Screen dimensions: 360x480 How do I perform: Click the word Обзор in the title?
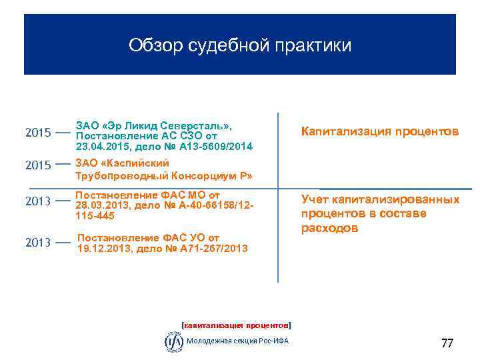coord(151,45)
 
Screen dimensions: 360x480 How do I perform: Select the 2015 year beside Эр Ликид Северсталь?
coord(38,133)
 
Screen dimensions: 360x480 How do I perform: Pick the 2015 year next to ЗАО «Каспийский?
coord(38,164)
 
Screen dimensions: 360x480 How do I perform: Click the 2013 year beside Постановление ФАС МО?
coord(38,201)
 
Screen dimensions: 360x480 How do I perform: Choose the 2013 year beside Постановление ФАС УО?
coord(38,243)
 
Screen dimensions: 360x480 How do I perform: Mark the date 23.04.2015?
coord(101,146)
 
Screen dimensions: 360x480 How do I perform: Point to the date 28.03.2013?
coord(101,205)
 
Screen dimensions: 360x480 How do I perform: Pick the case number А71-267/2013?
coord(213,248)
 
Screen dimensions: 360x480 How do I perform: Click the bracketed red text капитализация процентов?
coord(237,325)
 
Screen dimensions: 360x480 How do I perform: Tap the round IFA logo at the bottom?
coord(174,341)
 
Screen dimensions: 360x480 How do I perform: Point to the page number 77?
coord(447,344)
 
